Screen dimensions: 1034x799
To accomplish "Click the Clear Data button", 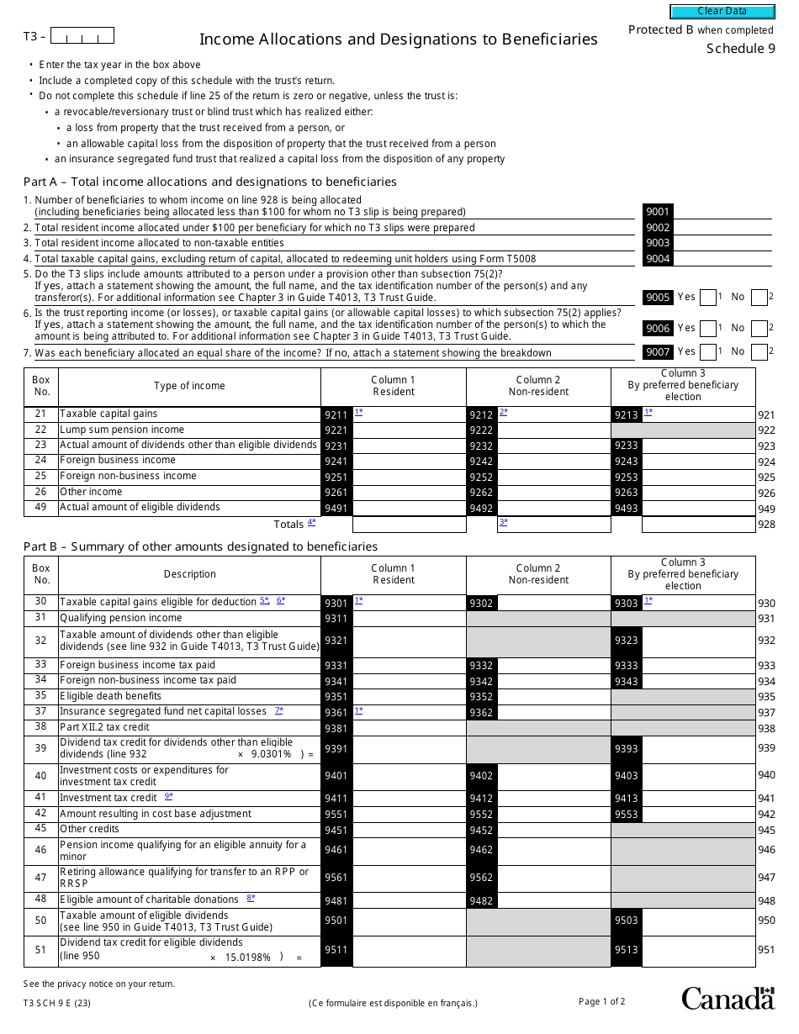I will click(x=722, y=12).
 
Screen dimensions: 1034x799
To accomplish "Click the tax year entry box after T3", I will click(x=82, y=36).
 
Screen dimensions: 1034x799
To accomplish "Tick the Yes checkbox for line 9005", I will click(x=707, y=297).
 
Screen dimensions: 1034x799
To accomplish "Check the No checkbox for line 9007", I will click(x=759, y=352).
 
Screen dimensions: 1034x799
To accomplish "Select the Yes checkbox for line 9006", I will click(x=707, y=328).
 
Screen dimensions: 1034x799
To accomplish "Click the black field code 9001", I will click(x=658, y=212).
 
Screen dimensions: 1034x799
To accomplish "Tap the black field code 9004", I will click(x=658, y=259).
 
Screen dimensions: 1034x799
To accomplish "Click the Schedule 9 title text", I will click(x=740, y=48).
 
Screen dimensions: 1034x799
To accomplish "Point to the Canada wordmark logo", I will click(x=728, y=998).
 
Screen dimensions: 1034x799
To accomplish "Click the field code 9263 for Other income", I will click(x=627, y=493).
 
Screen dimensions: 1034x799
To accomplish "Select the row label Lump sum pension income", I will click(x=122, y=430).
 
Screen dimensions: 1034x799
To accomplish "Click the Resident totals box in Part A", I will click(x=409, y=525).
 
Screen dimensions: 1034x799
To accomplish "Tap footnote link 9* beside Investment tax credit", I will click(x=169, y=797).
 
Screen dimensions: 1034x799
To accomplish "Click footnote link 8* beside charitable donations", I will click(x=251, y=899).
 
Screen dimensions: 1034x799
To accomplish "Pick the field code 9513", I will click(x=627, y=951).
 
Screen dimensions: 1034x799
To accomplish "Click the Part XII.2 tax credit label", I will click(x=104, y=727).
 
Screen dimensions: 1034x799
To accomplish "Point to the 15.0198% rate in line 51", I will click(x=248, y=958).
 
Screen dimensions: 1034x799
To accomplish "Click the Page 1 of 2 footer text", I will click(x=601, y=1001).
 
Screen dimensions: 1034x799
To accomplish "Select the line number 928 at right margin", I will click(x=766, y=525).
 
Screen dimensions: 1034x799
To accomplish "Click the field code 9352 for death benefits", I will click(x=482, y=697).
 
